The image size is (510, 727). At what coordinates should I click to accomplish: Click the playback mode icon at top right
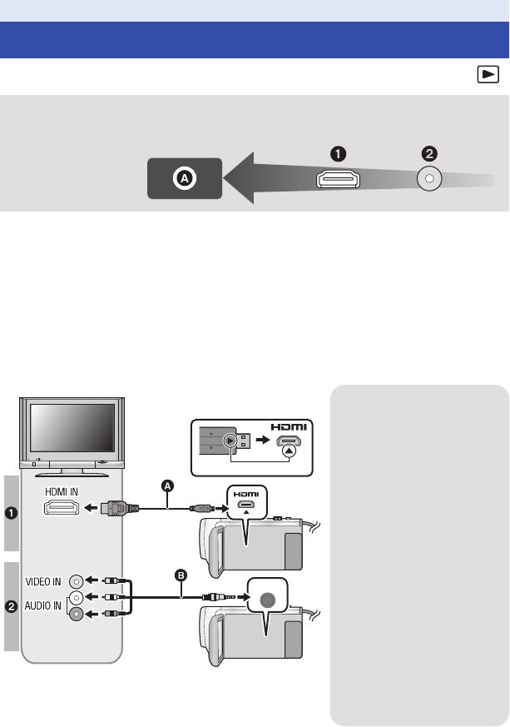488,76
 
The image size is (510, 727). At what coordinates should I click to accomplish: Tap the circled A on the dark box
185,178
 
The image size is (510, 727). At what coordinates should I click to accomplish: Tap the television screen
72,428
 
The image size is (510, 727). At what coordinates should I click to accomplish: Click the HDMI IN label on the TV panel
62,492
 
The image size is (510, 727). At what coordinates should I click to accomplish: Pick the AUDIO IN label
47,605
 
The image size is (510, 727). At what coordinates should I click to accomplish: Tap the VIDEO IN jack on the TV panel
77,581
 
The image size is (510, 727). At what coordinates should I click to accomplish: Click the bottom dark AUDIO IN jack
77,614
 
